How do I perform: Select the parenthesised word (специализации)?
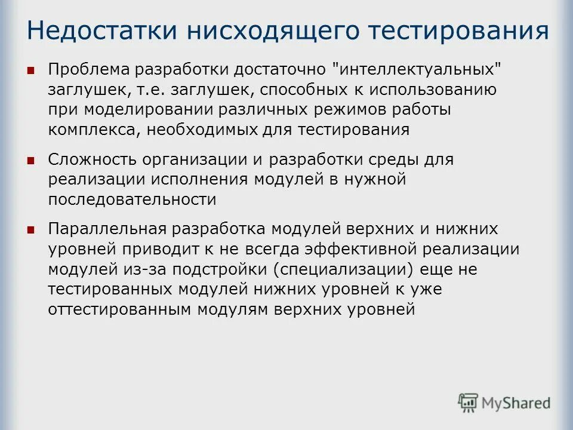tap(343, 269)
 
